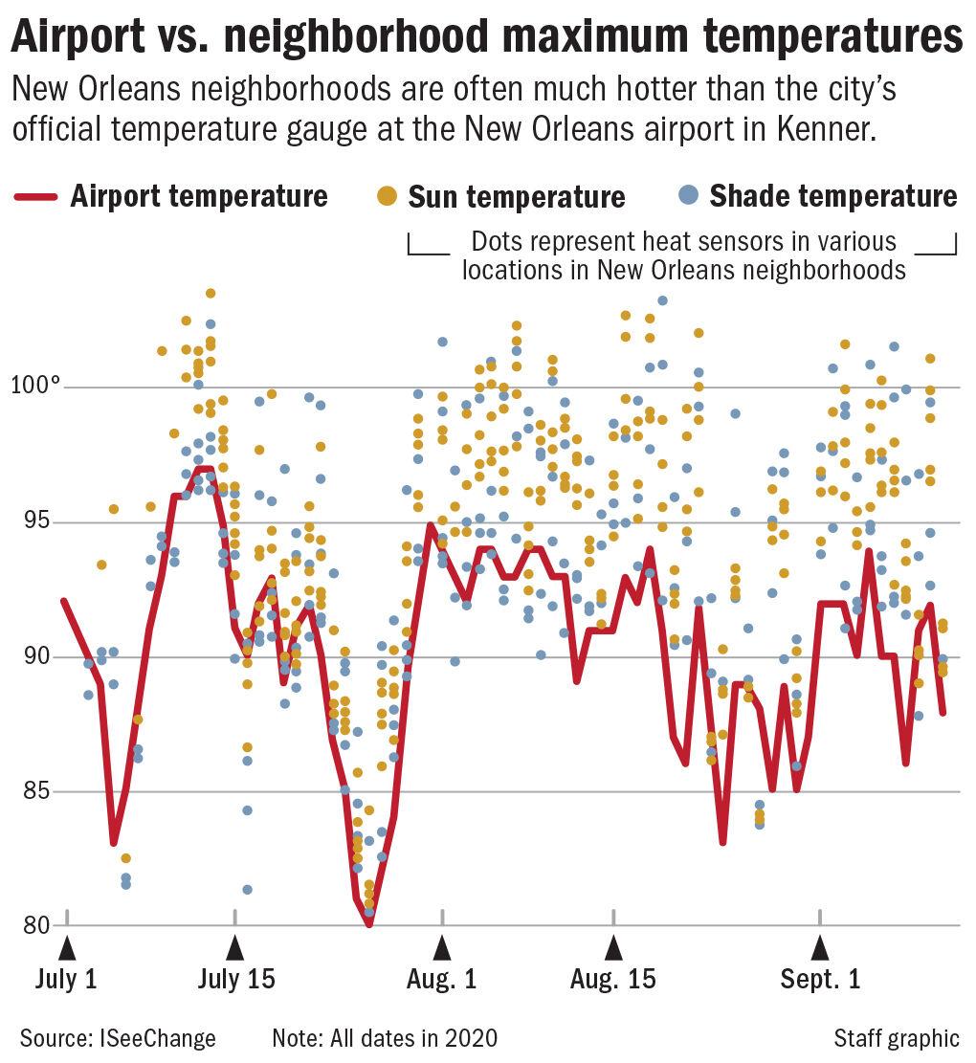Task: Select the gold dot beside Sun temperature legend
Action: tap(387, 196)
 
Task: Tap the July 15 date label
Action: tap(236, 980)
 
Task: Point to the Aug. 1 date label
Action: tap(441, 980)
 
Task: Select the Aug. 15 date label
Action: tap(613, 980)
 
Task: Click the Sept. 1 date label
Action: tap(820, 980)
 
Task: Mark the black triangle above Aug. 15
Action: tap(613, 948)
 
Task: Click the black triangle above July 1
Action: tap(67, 948)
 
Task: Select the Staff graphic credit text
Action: tap(896, 1038)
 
